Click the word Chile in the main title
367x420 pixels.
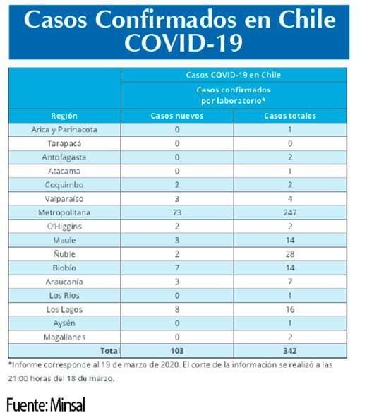307,19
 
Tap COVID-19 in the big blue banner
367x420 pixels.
183,42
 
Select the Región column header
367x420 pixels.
64,116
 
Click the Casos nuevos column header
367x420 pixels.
177,116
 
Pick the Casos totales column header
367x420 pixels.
290,116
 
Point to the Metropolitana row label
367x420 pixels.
64,212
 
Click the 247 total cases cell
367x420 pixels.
290,212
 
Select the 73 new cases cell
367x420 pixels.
177,212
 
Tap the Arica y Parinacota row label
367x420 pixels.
64,130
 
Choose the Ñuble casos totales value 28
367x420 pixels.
290,254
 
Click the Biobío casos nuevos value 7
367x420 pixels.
177,268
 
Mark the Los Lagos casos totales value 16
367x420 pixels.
290,309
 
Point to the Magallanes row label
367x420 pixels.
64,337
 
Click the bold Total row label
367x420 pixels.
110,351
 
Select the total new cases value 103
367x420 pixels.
177,351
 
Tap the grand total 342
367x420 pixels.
290,351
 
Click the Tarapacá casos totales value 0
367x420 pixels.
290,143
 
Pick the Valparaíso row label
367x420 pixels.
64,199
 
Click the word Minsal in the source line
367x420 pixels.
68,404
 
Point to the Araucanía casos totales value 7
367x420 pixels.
290,282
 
